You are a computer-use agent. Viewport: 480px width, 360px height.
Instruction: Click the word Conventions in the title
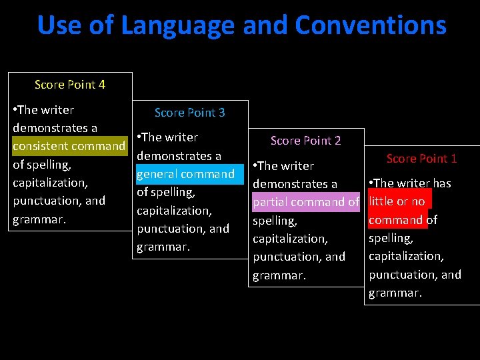coord(371,25)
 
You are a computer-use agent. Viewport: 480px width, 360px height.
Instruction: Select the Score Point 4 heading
coord(70,85)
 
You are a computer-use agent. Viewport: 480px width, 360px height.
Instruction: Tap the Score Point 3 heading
coord(189,113)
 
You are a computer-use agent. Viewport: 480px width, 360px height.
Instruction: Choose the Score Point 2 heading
coord(305,141)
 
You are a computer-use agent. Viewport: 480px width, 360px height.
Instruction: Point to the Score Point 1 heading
coord(421,159)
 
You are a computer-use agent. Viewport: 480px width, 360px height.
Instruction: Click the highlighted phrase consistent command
coord(69,146)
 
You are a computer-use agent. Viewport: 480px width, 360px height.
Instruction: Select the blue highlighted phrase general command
coord(185,174)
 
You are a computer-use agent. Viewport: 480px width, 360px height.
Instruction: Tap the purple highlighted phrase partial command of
coord(305,202)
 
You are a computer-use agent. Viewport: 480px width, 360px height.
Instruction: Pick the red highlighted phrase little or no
coord(398,201)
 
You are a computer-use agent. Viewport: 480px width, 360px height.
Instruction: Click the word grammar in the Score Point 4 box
coord(39,219)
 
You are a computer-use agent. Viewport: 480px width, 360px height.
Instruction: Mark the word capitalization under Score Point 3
coord(174,211)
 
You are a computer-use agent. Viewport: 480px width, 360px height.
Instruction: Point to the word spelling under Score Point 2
coord(274,220)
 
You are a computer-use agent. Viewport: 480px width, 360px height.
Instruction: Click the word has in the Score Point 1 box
coord(441,183)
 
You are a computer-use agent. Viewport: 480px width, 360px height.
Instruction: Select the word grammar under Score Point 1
coord(395,293)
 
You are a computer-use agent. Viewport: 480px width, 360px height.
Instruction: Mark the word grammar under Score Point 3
coord(163,247)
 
